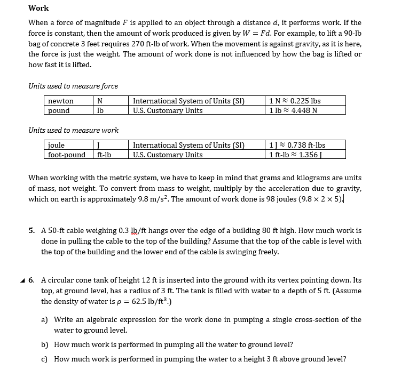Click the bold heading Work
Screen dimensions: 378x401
(38, 8)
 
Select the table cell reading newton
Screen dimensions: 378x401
(61, 101)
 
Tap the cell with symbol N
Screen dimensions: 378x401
(99, 101)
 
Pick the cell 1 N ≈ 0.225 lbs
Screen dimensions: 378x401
(296, 101)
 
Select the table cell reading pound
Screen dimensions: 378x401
(59, 110)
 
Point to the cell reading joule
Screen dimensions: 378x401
(57, 145)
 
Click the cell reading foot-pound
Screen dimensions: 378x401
(67, 155)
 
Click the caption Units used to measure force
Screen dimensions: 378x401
(73, 86)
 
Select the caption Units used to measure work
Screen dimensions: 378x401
(73, 130)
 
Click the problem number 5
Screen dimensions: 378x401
(32, 231)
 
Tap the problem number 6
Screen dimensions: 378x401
(32, 280)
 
